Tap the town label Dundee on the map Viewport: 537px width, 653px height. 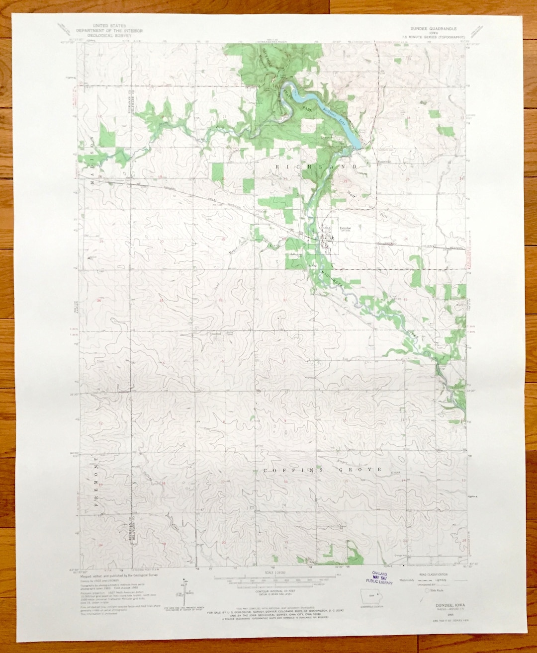click(345, 228)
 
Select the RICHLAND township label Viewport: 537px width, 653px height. click(316, 167)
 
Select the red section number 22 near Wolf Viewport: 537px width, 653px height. click(345, 182)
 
